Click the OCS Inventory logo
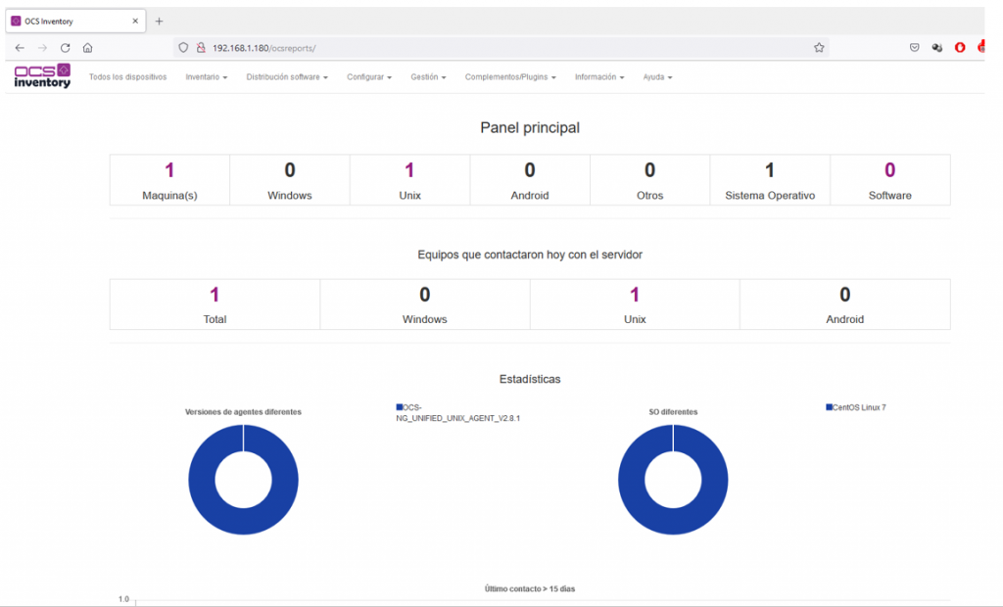pyautogui.click(x=42, y=75)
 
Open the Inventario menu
pyautogui.click(x=206, y=76)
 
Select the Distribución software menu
pyautogui.click(x=287, y=76)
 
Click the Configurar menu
pyautogui.click(x=369, y=76)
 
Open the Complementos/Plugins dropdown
pyautogui.click(x=509, y=76)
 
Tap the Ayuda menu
pyautogui.click(x=657, y=76)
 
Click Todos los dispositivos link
pyautogui.click(x=128, y=76)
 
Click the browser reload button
pyautogui.click(x=66, y=48)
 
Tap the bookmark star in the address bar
pyautogui.click(x=819, y=48)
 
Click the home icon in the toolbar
pyautogui.click(x=87, y=48)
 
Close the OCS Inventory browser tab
pyautogui.click(x=135, y=22)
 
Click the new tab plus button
pyautogui.click(x=160, y=22)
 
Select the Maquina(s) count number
pyautogui.click(x=169, y=170)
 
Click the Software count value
pyautogui.click(x=889, y=170)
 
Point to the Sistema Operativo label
pyautogui.click(x=770, y=196)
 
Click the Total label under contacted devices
pyautogui.click(x=215, y=319)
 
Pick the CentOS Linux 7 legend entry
pyautogui.click(x=856, y=407)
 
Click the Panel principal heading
pyautogui.click(x=530, y=128)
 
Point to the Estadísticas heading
pyautogui.click(x=530, y=379)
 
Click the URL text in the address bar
pyautogui.click(x=264, y=48)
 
